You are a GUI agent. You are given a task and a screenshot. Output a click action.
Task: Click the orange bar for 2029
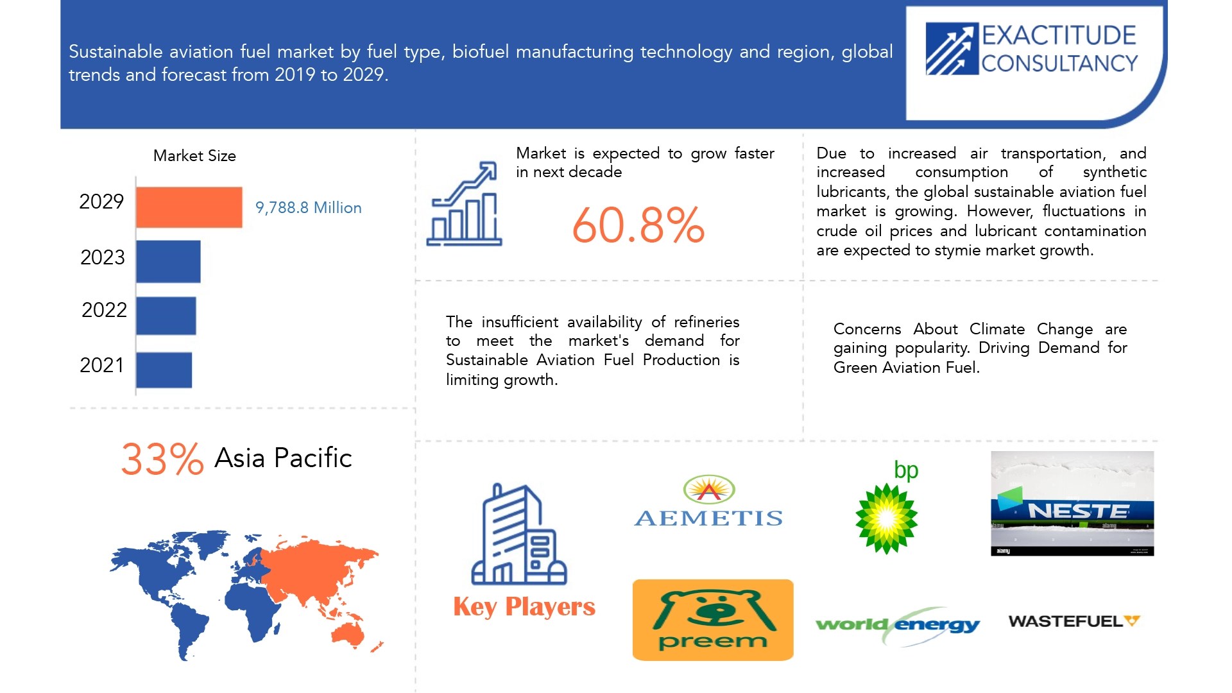(x=189, y=207)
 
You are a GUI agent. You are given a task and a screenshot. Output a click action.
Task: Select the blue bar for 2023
(x=168, y=261)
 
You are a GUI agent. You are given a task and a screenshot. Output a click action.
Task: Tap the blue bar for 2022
(x=166, y=316)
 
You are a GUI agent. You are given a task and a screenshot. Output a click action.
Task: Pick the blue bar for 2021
(x=164, y=370)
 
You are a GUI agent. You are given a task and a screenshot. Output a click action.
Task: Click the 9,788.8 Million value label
(x=308, y=208)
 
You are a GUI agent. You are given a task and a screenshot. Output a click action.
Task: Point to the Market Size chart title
(x=194, y=156)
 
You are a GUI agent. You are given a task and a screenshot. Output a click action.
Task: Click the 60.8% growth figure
(x=638, y=225)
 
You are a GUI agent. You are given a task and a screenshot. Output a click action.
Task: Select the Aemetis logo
(x=708, y=502)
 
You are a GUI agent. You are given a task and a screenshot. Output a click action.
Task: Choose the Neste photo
(x=1072, y=504)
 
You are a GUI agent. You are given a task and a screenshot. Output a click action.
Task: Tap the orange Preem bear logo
(x=712, y=620)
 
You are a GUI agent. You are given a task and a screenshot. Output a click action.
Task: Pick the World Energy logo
(x=897, y=624)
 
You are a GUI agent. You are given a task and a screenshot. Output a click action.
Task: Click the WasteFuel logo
(x=1074, y=621)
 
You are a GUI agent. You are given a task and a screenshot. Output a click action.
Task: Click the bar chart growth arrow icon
(x=464, y=204)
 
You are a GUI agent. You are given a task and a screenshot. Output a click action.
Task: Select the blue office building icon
(x=518, y=535)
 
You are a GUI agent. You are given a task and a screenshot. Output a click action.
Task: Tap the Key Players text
(x=524, y=606)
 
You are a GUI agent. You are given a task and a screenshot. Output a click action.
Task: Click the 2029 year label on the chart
(x=101, y=201)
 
